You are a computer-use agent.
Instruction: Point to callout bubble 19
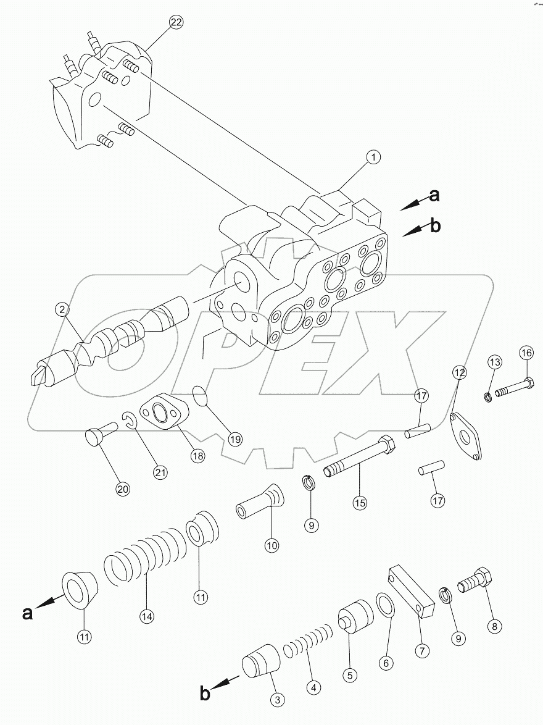click(234, 439)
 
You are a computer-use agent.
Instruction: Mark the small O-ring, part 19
click(202, 396)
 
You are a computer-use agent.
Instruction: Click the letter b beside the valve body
click(436, 227)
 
